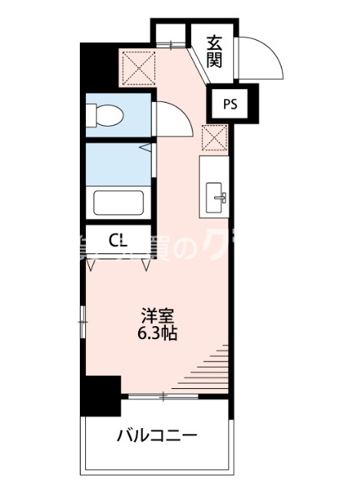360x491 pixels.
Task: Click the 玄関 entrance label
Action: tap(214, 51)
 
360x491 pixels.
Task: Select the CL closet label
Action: tap(118, 241)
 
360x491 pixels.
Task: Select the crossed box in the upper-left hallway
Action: tap(137, 66)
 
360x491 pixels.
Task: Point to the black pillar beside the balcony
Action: tap(102, 396)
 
